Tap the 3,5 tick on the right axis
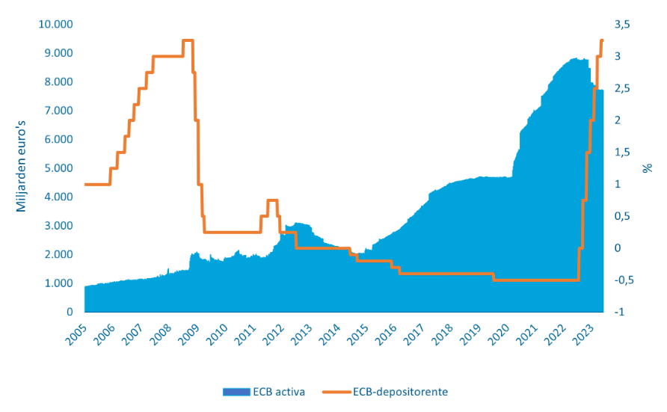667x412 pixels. pos(622,24)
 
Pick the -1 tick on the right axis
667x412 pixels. pos(618,312)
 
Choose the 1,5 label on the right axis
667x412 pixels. pos(622,153)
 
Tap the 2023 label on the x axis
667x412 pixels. pos(590,333)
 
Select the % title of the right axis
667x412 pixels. pos(648,167)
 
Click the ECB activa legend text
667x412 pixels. pos(279,391)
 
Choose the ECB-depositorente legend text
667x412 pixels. pos(398,391)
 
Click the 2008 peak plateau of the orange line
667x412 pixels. pos(188,40)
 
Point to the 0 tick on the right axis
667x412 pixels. pos(618,248)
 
